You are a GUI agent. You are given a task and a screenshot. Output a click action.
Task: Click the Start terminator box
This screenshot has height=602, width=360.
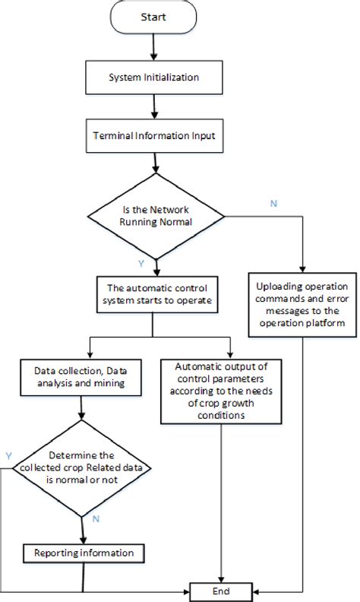(154, 17)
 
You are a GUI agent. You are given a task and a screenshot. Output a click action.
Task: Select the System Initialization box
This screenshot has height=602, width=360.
(154, 77)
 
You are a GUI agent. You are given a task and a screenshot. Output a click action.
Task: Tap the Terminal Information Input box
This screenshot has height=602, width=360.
(154, 138)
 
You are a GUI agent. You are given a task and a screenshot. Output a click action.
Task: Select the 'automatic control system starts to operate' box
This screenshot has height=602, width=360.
(154, 293)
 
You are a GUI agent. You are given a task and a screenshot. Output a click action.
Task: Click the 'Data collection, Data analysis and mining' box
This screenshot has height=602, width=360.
(81, 378)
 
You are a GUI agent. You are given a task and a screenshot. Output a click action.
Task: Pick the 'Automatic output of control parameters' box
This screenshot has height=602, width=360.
(222, 391)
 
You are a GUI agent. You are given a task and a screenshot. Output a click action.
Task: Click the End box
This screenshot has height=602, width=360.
(222, 591)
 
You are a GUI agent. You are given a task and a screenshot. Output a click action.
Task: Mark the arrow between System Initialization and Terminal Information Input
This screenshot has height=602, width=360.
(154, 107)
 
